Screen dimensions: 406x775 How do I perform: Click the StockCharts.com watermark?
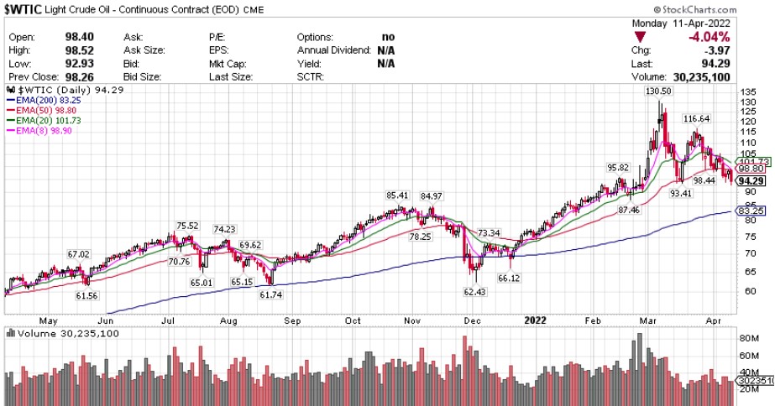pyautogui.click(x=725, y=8)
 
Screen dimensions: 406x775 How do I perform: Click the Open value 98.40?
pyautogui.click(x=81, y=38)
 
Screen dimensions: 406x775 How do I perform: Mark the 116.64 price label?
pyautogui.click(x=700, y=119)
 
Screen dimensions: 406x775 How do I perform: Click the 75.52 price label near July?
pyautogui.click(x=187, y=226)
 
